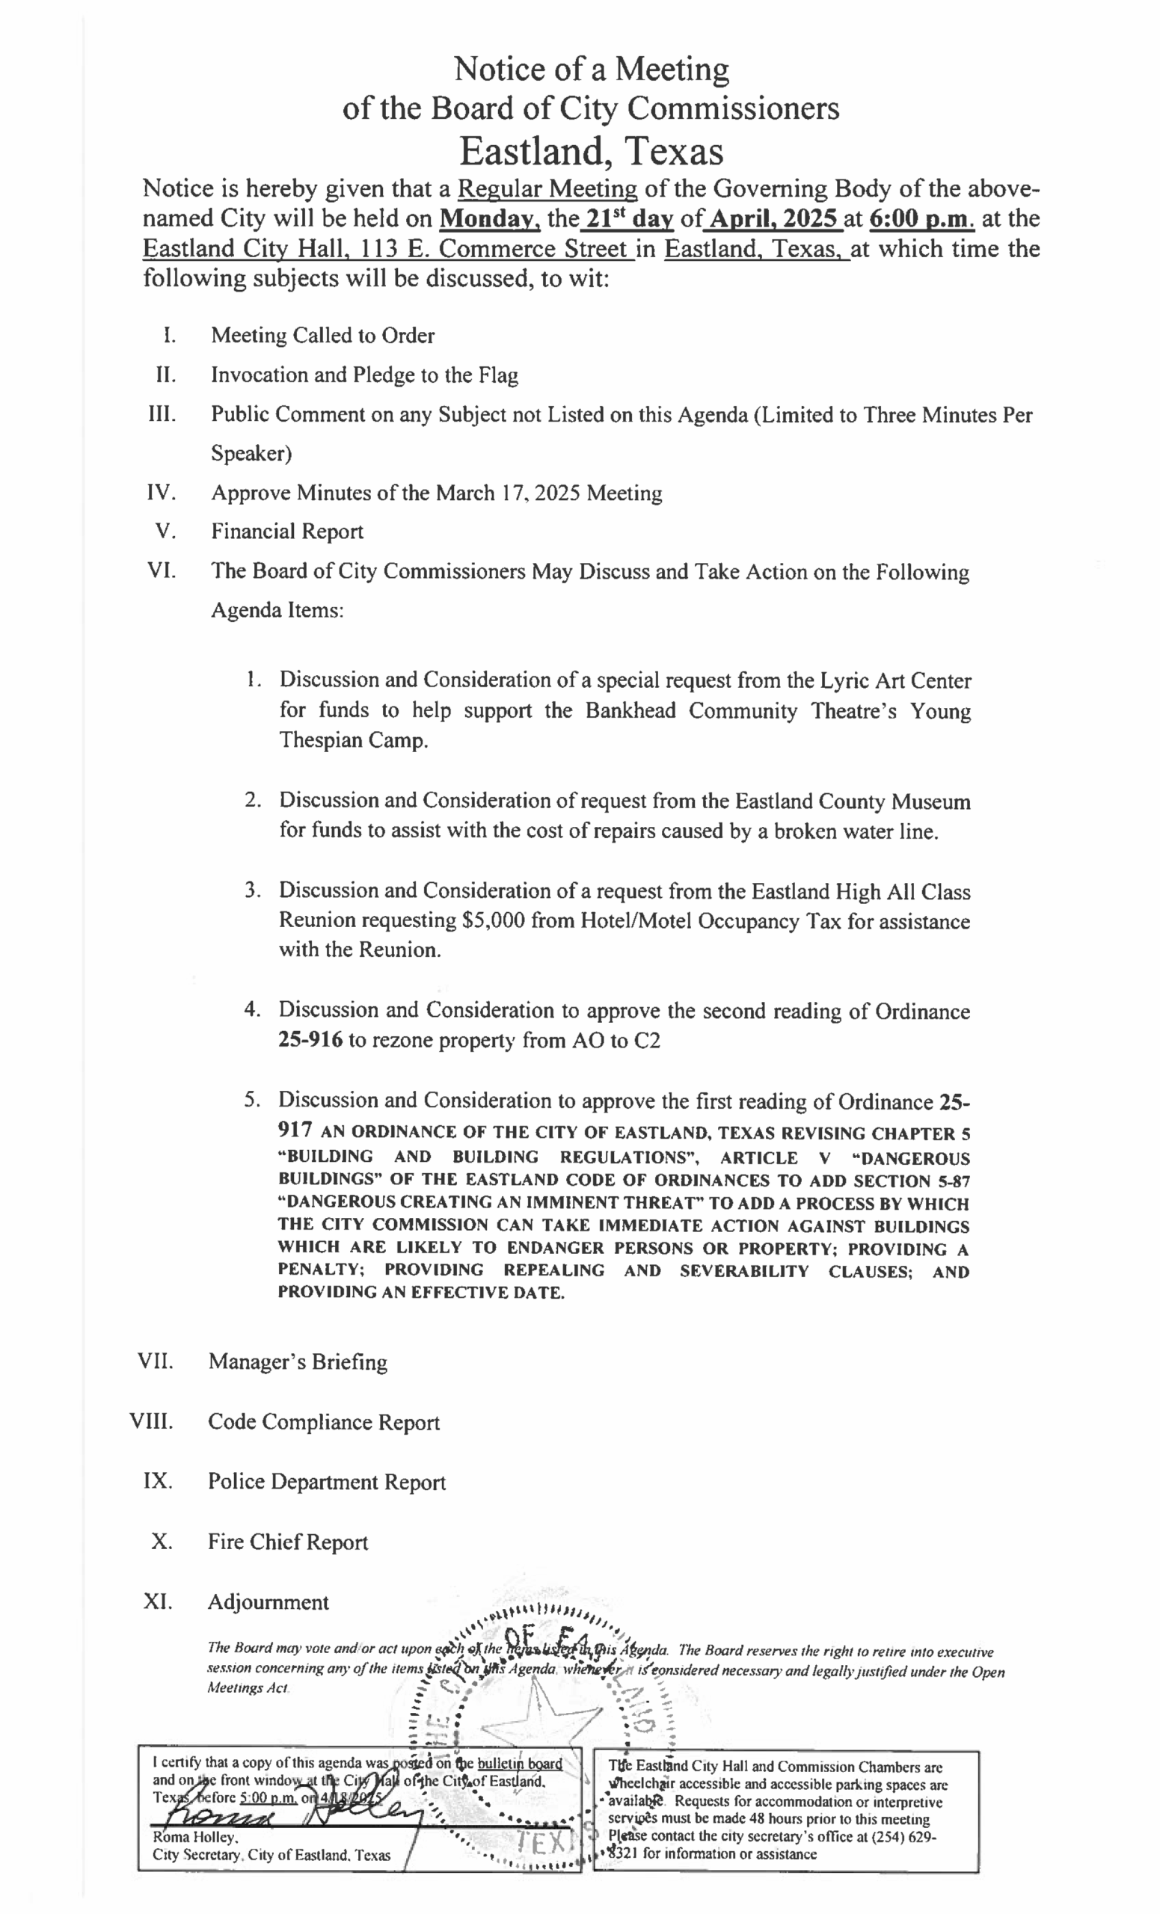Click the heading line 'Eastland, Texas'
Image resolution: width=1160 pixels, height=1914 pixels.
click(x=591, y=152)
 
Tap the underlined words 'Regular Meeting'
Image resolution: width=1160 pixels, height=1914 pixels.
click(x=547, y=188)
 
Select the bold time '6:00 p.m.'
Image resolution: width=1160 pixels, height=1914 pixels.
click(x=921, y=218)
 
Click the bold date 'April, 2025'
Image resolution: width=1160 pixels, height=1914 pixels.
click(x=773, y=218)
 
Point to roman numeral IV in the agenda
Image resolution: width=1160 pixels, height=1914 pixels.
click(x=162, y=493)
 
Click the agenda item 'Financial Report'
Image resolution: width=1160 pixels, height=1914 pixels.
click(x=286, y=532)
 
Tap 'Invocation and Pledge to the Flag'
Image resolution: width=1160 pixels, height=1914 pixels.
click(x=364, y=375)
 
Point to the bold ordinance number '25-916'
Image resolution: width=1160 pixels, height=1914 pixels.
click(x=310, y=1040)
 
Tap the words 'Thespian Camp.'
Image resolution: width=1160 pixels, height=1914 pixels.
click(x=354, y=740)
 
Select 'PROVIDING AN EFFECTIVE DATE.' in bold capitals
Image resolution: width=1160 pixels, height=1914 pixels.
click(x=421, y=1293)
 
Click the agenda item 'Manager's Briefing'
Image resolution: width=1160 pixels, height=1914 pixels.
click(x=298, y=1361)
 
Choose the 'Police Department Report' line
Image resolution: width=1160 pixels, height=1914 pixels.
click(x=326, y=1482)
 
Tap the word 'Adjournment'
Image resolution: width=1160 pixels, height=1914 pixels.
click(x=268, y=1602)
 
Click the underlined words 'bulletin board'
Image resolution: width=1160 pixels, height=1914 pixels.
click(x=519, y=1763)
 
